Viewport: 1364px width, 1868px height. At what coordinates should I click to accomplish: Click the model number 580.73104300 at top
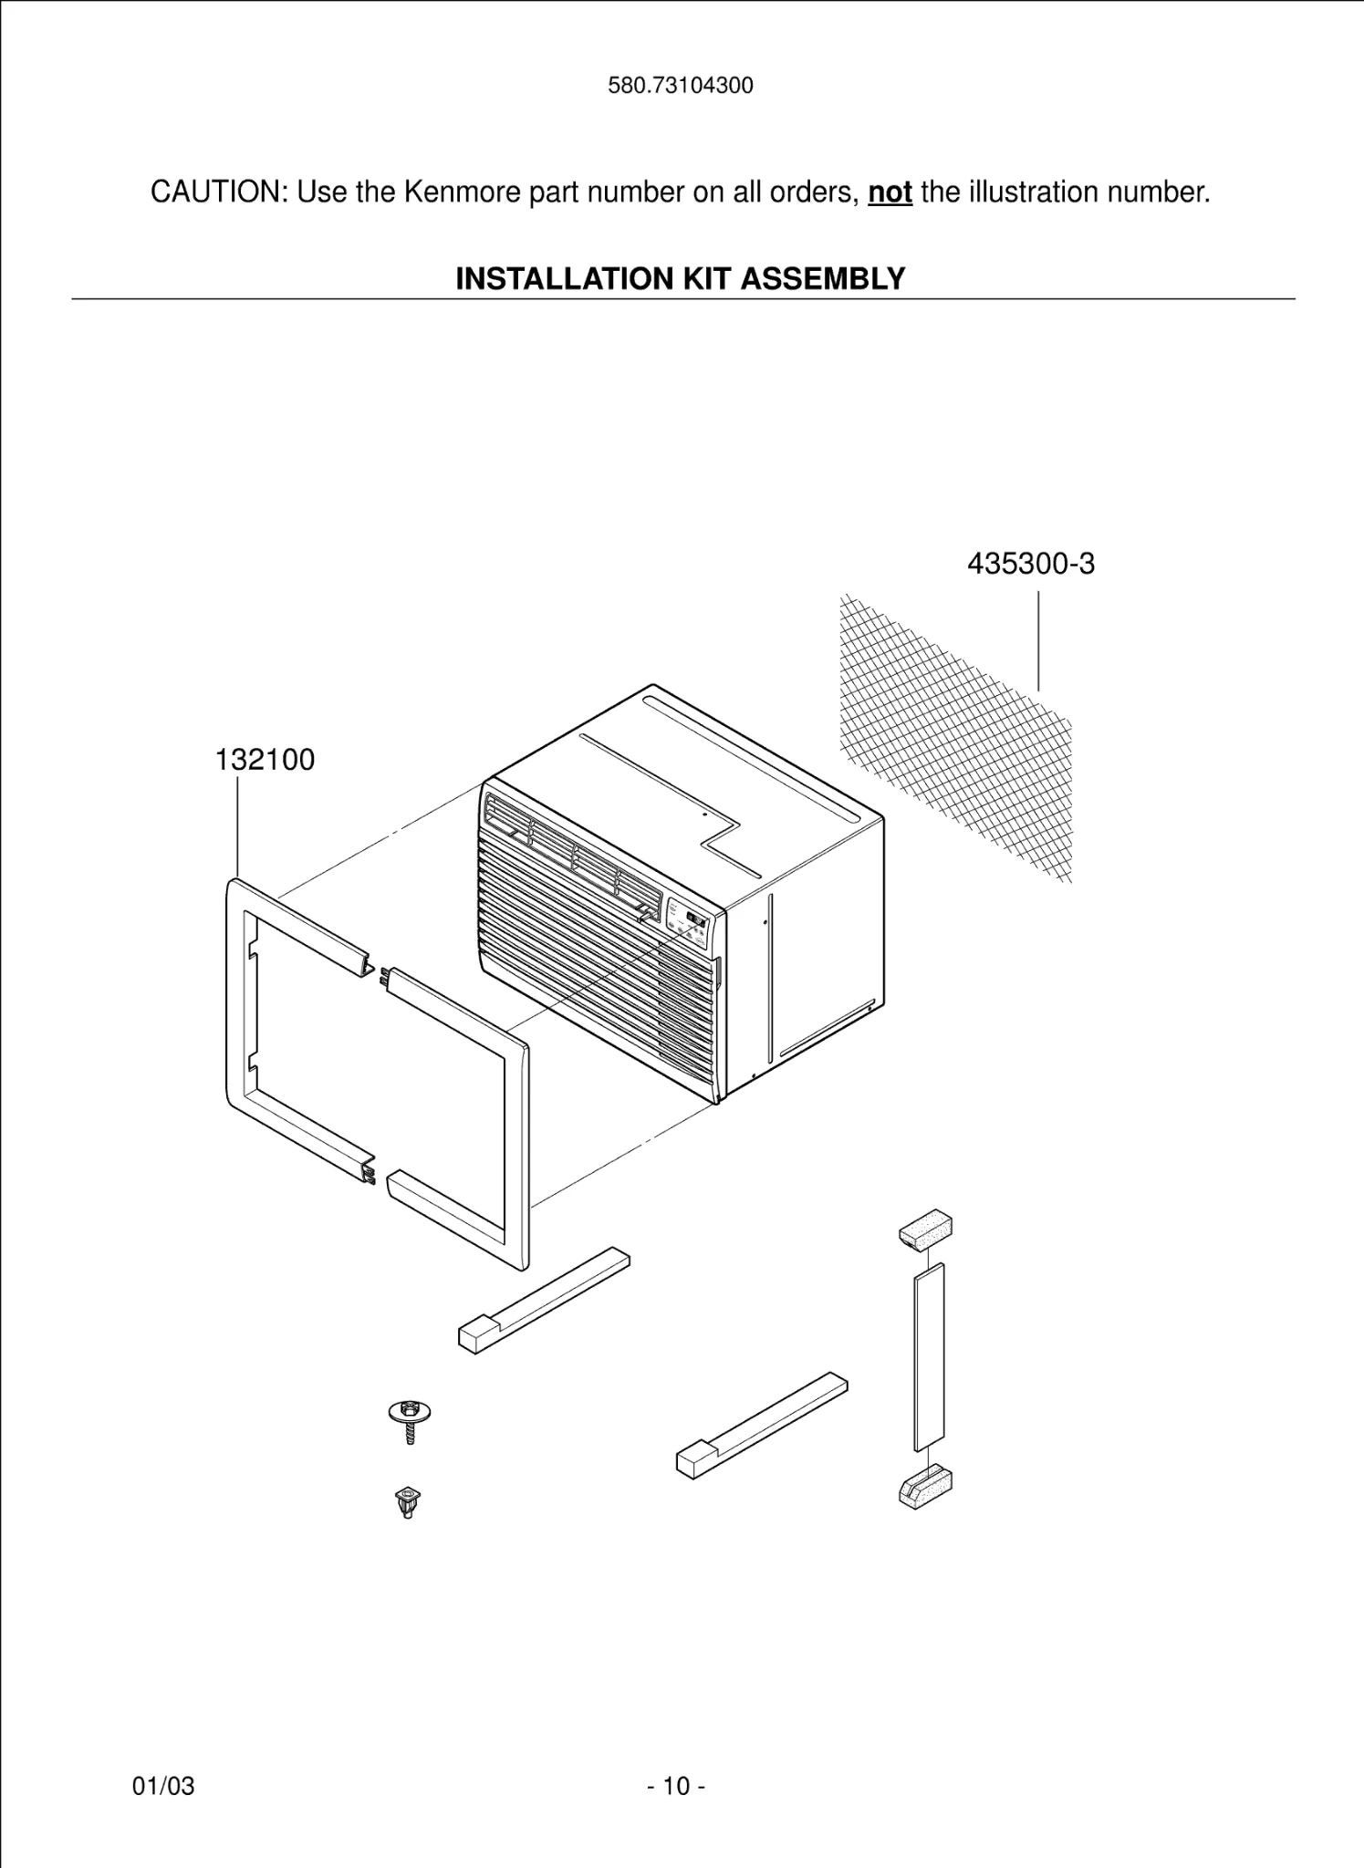(681, 86)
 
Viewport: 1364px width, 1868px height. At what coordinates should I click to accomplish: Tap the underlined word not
(890, 192)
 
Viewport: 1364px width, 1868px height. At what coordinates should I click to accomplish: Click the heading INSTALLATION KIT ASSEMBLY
(681, 278)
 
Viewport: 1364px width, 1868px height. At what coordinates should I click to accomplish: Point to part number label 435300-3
(1030, 564)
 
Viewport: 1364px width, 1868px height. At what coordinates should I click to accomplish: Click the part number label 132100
(265, 759)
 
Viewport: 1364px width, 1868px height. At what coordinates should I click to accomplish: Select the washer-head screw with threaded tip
(409, 1420)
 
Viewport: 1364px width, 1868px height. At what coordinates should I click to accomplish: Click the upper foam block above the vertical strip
(926, 1230)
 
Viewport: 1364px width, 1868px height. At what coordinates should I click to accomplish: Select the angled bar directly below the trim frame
(543, 1301)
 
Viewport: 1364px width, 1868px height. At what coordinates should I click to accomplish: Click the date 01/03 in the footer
(163, 1786)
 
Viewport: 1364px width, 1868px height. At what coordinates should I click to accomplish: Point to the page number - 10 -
(676, 1786)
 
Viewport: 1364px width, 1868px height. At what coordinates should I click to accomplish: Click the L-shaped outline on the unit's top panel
(721, 844)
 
